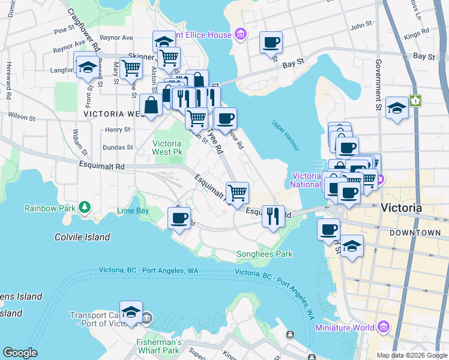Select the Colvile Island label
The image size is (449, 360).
[x=84, y=237]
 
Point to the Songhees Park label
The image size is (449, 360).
[x=265, y=254]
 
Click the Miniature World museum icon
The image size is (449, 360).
[x=382, y=327]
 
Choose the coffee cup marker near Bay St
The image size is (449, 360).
[x=271, y=43]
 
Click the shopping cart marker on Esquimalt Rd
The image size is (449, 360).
[x=238, y=193]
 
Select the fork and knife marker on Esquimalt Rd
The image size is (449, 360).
[x=273, y=216]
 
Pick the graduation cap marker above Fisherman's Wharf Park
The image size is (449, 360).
[x=131, y=311]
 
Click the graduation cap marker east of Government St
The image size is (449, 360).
[x=397, y=109]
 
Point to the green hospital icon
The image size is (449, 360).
[x=415, y=101]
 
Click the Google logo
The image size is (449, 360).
[x=20, y=353]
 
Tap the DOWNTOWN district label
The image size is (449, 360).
[x=415, y=232]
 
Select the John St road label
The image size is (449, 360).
[x=361, y=26]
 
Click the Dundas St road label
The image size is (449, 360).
[x=117, y=147]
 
